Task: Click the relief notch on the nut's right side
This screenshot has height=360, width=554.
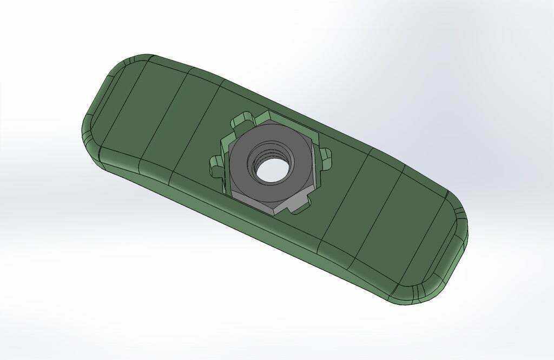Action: (324, 155)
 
